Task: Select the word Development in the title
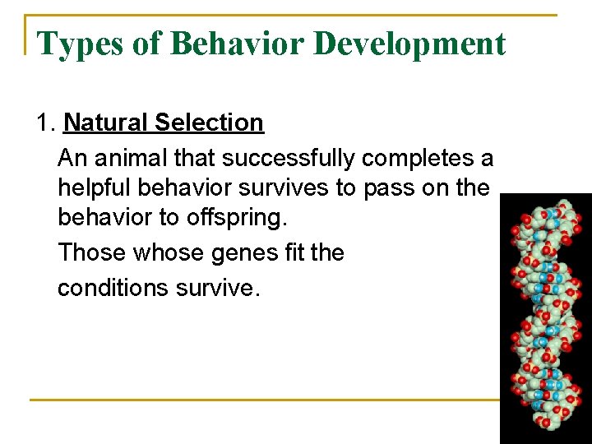click(409, 44)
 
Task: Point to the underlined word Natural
click(104, 123)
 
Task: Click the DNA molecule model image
click(545, 317)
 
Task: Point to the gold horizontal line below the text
click(263, 400)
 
